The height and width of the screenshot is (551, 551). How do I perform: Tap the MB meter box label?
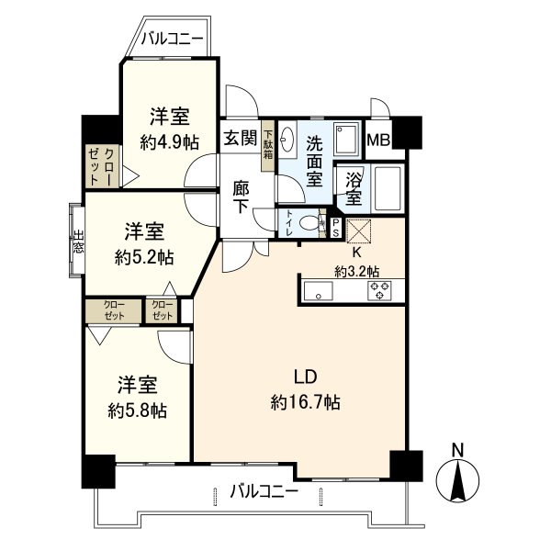[x=378, y=141]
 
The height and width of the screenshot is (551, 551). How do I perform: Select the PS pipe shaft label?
[x=335, y=228]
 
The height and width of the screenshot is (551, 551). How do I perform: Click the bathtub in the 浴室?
[x=388, y=188]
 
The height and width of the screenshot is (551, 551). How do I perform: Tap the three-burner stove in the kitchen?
[x=379, y=290]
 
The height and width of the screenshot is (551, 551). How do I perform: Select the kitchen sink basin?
[x=318, y=290]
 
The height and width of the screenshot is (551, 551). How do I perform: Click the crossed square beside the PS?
[x=359, y=231]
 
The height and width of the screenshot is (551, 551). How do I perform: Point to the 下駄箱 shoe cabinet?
[x=268, y=145]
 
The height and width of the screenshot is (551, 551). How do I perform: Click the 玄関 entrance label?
[x=241, y=138]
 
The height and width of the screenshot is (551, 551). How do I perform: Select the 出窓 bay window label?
[x=78, y=242]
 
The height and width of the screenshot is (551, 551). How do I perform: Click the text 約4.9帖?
[x=170, y=142]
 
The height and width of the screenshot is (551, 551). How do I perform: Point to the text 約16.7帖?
[x=306, y=402]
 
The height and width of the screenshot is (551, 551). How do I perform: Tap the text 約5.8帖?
[x=138, y=410]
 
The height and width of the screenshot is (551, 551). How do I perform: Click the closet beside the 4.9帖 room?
[x=103, y=166]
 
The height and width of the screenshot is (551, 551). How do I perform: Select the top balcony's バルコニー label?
[x=173, y=39]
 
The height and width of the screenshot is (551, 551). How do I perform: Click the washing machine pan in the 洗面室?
[x=346, y=139]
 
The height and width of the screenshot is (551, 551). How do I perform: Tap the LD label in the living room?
[x=306, y=377]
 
